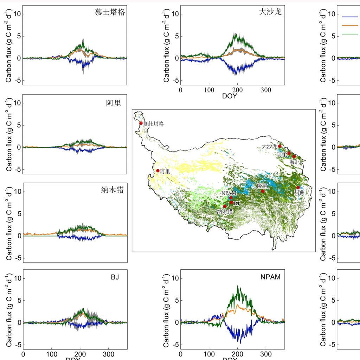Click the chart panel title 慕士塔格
[110, 13]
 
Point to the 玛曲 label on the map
[299, 193]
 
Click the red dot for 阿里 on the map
[158, 171]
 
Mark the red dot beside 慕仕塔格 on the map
[141, 123]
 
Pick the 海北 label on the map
[295, 162]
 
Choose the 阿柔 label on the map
[282, 154]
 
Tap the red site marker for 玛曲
[298, 187]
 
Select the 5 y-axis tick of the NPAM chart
[176, 300]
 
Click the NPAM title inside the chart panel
[270, 277]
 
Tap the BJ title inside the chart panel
[115, 277]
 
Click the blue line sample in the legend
[350, 17]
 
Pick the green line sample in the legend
[350, 34]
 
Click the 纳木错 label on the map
[225, 212]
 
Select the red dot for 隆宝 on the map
[263, 191]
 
